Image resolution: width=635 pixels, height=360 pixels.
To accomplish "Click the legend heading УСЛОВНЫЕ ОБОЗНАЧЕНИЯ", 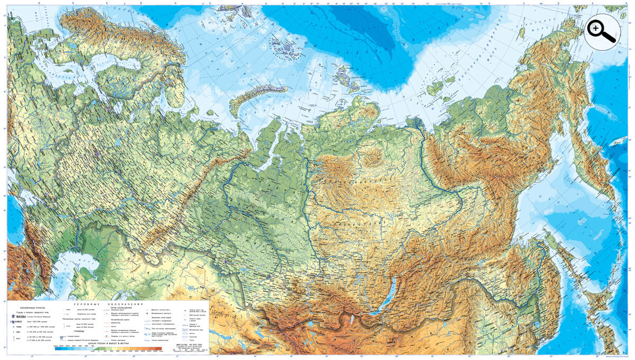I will [x=108, y=303].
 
